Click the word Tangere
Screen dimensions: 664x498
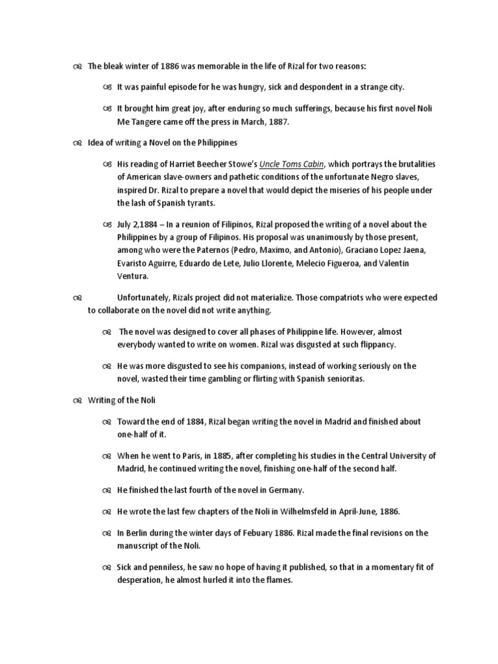pyautogui.click(x=149, y=120)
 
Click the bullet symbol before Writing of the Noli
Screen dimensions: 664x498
pyautogui.click(x=77, y=400)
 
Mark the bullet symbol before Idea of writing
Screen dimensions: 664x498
pyautogui.click(x=77, y=143)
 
